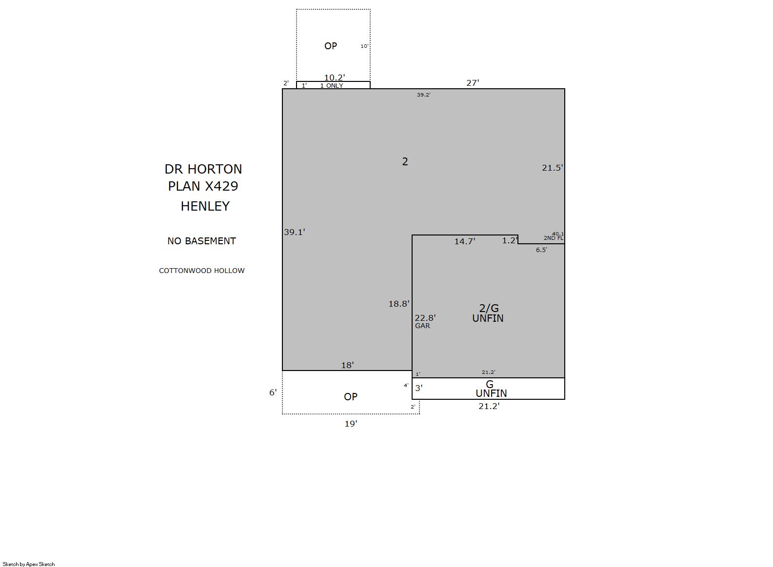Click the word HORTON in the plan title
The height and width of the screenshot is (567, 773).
tap(215, 169)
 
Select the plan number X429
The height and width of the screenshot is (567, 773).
tap(221, 186)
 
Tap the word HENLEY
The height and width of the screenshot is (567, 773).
tap(205, 206)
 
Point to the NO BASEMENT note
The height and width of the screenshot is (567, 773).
tap(201, 241)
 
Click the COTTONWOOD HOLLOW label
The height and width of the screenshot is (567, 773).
tap(201, 271)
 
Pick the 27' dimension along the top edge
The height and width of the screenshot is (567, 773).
tap(473, 83)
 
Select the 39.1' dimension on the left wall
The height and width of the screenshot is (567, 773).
tap(295, 232)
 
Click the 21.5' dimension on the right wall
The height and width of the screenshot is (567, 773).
tap(552, 168)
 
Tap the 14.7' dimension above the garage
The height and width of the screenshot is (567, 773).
tap(464, 241)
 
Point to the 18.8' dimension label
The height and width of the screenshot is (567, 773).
tap(399, 304)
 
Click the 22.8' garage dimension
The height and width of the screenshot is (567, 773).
tap(425, 318)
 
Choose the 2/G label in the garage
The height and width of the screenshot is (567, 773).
tap(489, 308)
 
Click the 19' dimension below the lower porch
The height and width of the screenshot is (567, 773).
tap(351, 424)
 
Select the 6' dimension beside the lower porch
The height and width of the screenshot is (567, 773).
tap(273, 392)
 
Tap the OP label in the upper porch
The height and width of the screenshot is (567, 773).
tap(331, 46)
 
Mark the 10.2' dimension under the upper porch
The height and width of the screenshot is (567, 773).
tap(335, 78)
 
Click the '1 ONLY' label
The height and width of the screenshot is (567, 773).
tap(332, 86)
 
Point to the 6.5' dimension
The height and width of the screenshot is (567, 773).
tap(541, 250)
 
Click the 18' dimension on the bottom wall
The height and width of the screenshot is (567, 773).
tap(348, 365)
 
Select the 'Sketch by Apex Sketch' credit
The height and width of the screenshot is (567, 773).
tap(29, 564)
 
